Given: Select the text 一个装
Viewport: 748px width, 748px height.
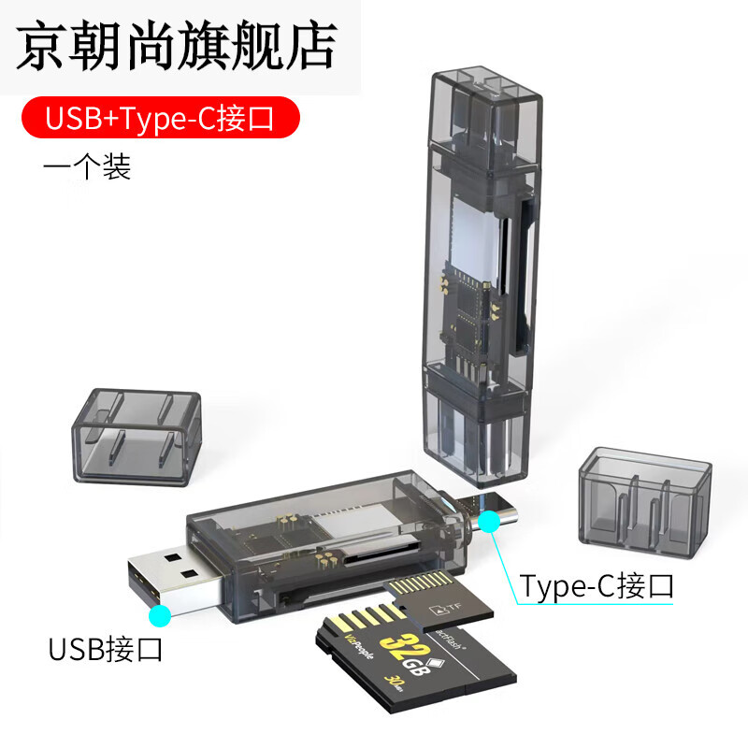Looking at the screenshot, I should [87, 167].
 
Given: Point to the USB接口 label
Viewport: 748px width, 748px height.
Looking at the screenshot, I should [106, 647].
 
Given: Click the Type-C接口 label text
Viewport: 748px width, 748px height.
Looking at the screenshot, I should [597, 586].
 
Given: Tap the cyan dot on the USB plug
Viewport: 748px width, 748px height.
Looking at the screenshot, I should [160, 614].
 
